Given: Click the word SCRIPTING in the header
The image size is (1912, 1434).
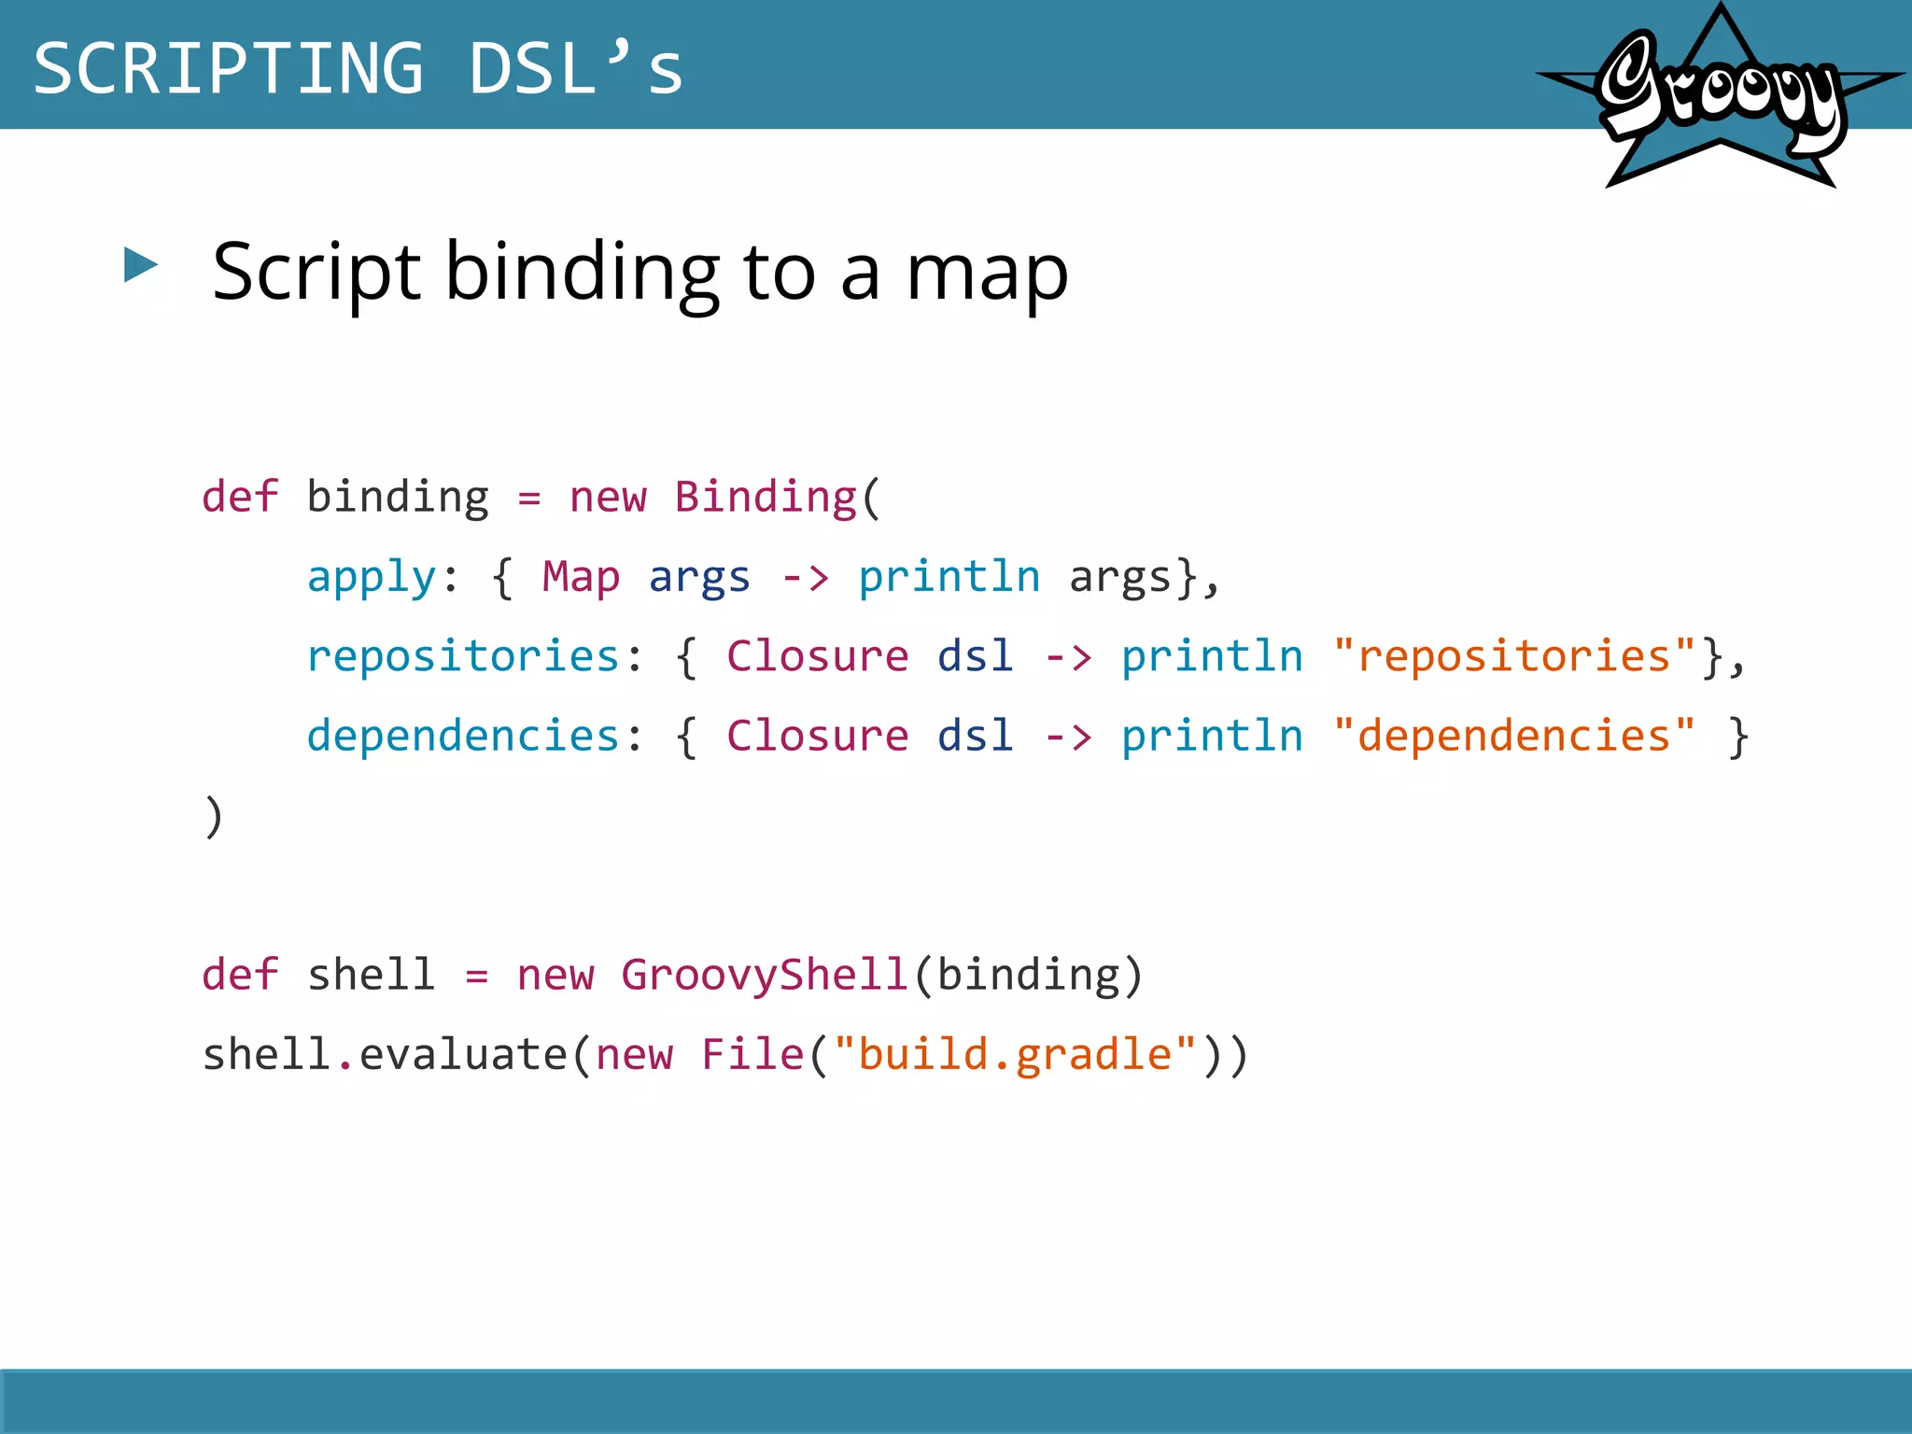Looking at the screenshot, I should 229,68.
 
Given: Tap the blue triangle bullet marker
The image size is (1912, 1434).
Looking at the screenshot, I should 141,265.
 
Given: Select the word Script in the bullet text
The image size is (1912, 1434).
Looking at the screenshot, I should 316,273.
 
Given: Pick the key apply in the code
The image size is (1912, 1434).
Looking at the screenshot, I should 372,577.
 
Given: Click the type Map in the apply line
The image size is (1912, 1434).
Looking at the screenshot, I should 581,577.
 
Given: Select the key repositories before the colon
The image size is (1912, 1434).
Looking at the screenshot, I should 463,656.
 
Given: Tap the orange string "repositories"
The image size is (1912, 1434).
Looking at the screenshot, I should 1514,656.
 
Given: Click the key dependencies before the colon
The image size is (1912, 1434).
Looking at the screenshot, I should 463,736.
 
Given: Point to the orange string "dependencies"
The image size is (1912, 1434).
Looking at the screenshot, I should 1514,736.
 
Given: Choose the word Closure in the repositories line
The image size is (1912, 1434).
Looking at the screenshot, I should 817,656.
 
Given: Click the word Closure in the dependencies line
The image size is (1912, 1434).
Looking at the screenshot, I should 817,736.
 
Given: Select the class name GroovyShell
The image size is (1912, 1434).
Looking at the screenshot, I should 765,975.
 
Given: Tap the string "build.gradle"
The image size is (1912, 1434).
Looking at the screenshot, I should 1016,1055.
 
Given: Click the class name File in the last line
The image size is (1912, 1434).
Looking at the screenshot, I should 752,1055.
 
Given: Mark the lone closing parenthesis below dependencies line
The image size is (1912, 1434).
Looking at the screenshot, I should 214,816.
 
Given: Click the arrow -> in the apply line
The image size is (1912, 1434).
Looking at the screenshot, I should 805,578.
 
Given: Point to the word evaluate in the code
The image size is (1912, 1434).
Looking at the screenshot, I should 463,1055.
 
